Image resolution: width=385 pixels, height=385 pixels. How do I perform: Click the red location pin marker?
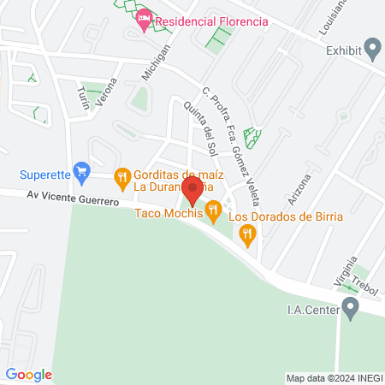coord(192,189)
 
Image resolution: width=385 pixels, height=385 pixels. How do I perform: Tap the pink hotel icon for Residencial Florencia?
coord(145,19)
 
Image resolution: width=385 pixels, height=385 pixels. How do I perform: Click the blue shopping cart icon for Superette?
coord(82,173)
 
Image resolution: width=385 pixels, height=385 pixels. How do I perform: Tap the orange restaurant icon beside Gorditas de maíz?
coord(122,178)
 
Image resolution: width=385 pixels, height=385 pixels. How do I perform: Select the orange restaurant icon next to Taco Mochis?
coord(213,209)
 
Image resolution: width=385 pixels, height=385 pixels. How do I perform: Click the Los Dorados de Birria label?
coord(285,216)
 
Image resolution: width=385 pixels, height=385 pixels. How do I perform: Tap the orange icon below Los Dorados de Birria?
coord(248,235)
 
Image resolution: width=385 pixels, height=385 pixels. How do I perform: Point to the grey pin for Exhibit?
coord(372,49)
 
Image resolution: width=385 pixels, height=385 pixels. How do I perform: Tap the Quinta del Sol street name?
coord(201,128)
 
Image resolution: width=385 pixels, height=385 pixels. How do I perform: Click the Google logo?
coord(29,374)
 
